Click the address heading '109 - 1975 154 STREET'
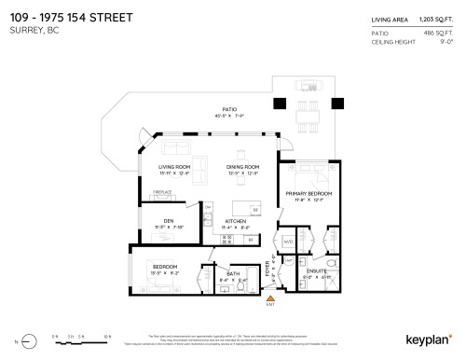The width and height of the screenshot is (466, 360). (71, 17)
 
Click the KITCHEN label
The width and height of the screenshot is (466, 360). (235, 220)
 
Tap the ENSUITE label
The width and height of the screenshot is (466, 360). (314, 271)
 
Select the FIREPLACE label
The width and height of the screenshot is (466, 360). (162, 193)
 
